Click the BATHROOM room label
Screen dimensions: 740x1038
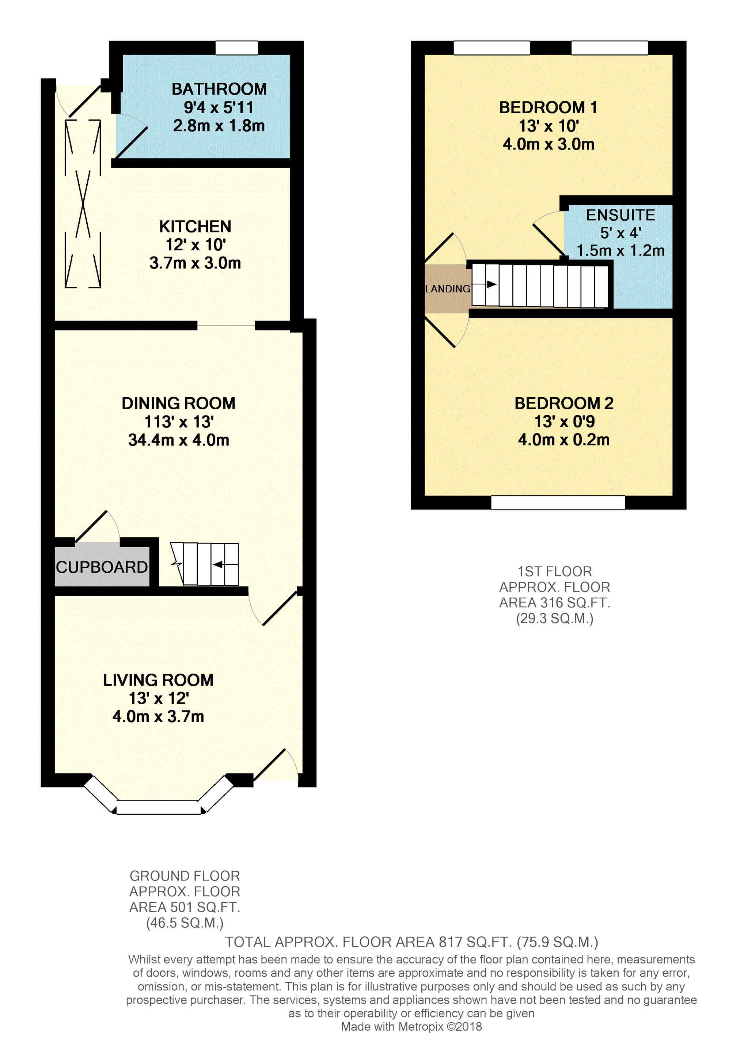(219, 89)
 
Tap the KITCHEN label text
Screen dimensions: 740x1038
(195, 227)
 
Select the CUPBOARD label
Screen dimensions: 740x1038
(102, 567)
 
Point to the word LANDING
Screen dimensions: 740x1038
(447, 289)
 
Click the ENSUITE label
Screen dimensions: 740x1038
(621, 215)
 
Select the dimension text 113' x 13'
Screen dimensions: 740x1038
(179, 422)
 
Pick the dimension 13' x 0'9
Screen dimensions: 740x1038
(564, 421)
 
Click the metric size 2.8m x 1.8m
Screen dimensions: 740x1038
(219, 126)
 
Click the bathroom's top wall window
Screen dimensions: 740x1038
(236, 48)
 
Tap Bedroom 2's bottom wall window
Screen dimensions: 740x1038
(558, 502)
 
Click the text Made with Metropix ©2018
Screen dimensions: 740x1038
(411, 1026)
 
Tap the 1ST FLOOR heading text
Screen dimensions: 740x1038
(555, 571)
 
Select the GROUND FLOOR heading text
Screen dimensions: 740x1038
(185, 876)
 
